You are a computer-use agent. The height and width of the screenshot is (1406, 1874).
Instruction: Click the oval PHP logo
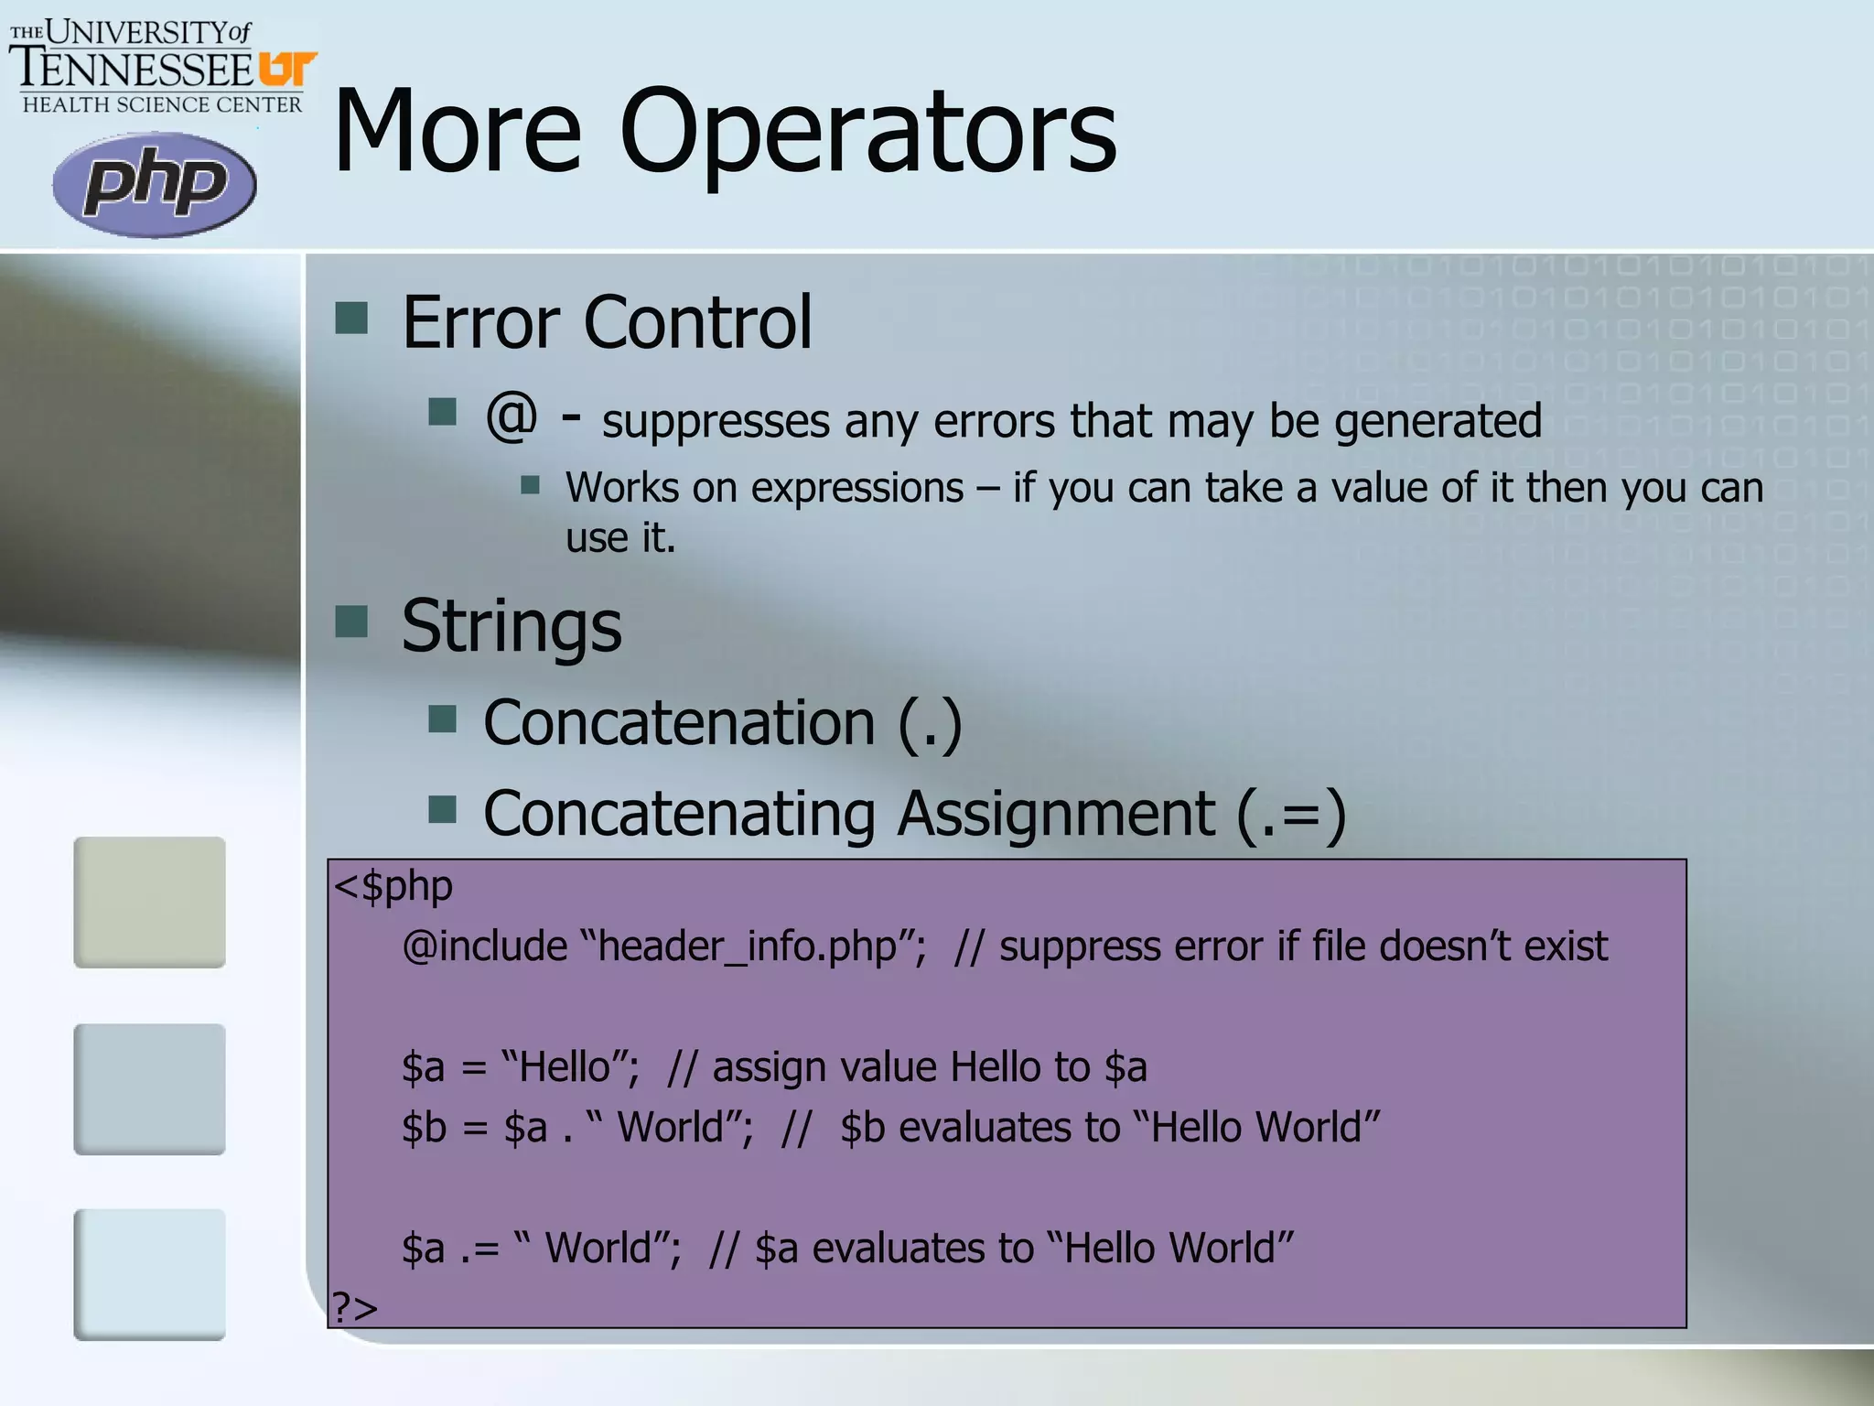point(154,184)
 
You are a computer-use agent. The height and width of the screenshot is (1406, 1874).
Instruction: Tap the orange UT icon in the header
point(287,70)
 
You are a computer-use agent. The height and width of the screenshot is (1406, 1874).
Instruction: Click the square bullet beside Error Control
point(351,319)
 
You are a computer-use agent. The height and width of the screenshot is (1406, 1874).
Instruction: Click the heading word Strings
point(512,627)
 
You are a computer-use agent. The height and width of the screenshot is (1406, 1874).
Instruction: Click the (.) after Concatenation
point(930,723)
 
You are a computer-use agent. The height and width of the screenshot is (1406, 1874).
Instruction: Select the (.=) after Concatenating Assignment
point(1290,814)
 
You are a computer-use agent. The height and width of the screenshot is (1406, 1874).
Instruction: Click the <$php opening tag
point(393,887)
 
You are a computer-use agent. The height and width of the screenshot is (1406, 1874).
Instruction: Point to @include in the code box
point(485,946)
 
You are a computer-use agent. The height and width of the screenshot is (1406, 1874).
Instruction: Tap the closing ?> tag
point(355,1307)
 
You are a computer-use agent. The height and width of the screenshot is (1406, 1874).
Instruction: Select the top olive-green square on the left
point(149,902)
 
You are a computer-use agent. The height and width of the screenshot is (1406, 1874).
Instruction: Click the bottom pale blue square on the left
point(149,1274)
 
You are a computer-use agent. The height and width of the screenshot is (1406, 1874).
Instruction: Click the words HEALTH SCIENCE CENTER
point(162,105)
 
